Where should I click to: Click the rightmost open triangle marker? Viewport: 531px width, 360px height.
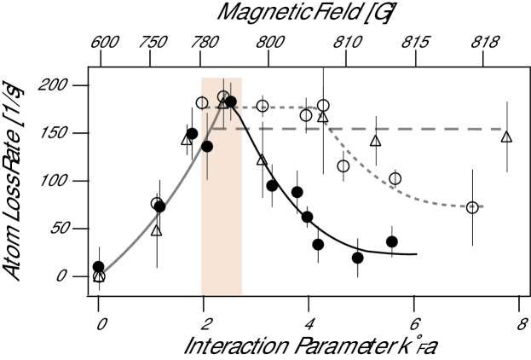click(506, 136)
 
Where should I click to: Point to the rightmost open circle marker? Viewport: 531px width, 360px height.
click(472, 207)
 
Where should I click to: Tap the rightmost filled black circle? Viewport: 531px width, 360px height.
click(392, 241)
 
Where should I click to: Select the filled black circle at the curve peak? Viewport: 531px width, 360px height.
click(230, 102)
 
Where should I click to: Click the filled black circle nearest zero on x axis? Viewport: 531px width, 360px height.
click(99, 267)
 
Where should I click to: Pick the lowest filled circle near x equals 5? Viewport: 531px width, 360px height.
click(357, 257)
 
